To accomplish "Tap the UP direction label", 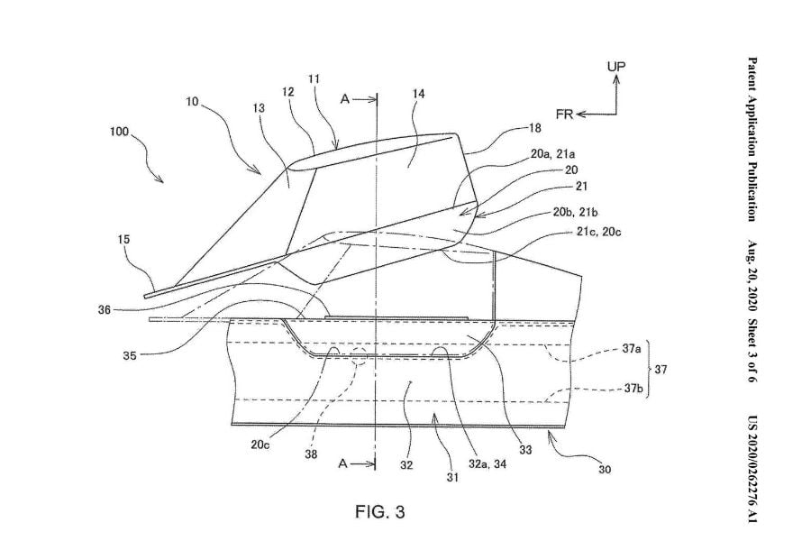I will (616, 66).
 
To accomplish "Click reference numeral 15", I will (124, 240).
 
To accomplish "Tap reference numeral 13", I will (259, 108).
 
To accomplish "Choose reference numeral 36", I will (105, 309).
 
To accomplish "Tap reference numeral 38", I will (312, 454).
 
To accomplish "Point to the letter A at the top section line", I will (344, 100).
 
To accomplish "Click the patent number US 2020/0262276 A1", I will (751, 470).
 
